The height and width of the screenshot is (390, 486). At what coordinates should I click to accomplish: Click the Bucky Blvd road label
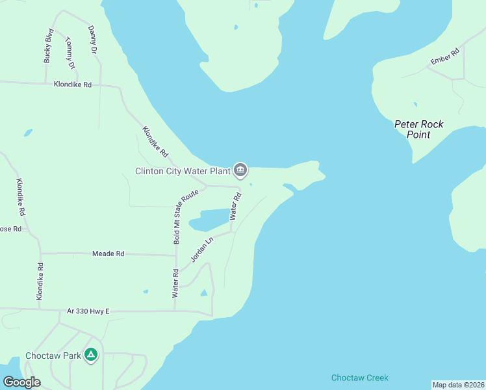coord(48,45)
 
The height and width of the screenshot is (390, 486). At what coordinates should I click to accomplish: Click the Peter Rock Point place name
coord(419,129)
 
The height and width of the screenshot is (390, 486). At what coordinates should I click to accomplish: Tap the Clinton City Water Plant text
coord(183,171)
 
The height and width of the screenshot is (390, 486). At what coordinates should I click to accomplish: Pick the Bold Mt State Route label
coord(176,218)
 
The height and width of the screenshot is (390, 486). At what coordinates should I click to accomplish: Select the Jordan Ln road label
coord(201,250)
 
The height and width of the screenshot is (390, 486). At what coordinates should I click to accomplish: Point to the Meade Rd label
coord(108,253)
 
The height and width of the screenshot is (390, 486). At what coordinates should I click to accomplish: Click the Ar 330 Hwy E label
coord(88,311)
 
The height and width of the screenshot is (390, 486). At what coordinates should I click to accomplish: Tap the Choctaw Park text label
coord(53,356)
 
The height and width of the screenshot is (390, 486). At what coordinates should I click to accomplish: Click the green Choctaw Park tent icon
coord(92,355)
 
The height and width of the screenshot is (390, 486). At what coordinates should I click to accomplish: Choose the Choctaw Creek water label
coord(359,378)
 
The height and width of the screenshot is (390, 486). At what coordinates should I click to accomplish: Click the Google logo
coord(21,382)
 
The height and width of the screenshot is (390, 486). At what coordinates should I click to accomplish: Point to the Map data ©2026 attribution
coord(459,385)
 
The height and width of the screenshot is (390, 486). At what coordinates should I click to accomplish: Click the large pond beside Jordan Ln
coord(209,220)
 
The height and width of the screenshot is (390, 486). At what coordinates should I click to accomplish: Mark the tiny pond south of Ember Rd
coord(415,104)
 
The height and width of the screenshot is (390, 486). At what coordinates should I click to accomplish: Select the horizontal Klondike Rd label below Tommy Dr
coord(72,84)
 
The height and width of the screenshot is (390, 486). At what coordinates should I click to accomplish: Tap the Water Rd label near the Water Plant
coord(235,207)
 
